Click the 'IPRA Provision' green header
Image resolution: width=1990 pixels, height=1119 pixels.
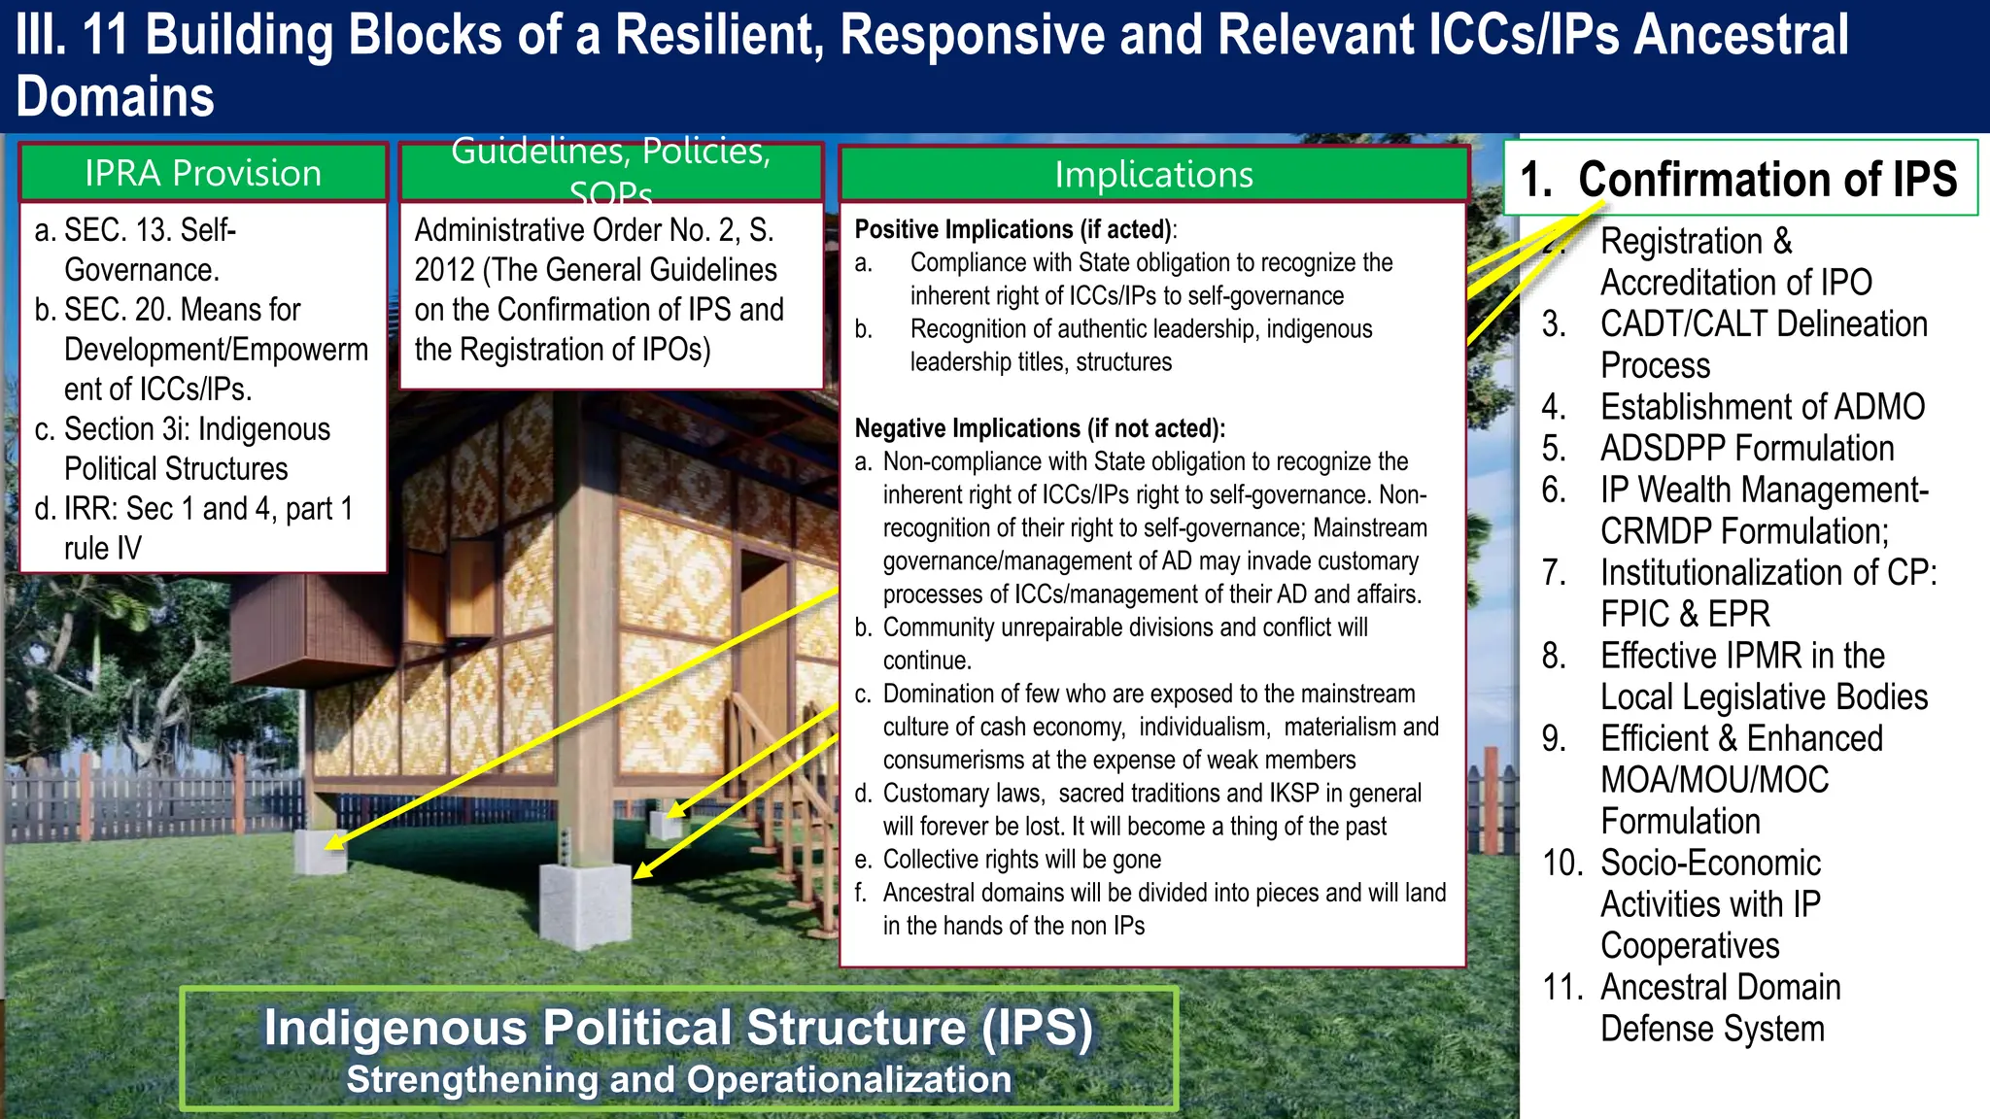202,173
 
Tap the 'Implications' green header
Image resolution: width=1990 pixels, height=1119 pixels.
1153,175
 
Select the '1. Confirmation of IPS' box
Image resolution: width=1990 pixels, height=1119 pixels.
1739,179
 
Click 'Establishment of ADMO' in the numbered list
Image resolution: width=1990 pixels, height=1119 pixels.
1762,407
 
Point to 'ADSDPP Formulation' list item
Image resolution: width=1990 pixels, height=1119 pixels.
1746,449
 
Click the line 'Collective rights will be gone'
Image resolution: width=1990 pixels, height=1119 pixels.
1021,860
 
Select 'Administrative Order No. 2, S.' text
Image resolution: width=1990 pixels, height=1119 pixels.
594,230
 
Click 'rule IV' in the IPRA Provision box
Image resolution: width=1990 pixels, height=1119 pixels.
102,549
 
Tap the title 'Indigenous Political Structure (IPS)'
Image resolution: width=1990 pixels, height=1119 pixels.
678,1028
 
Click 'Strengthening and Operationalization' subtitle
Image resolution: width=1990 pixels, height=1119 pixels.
678,1080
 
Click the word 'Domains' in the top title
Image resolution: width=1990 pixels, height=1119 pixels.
115,97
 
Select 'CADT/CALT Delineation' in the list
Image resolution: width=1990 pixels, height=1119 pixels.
1763,324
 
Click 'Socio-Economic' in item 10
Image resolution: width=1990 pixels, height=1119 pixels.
1710,863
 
